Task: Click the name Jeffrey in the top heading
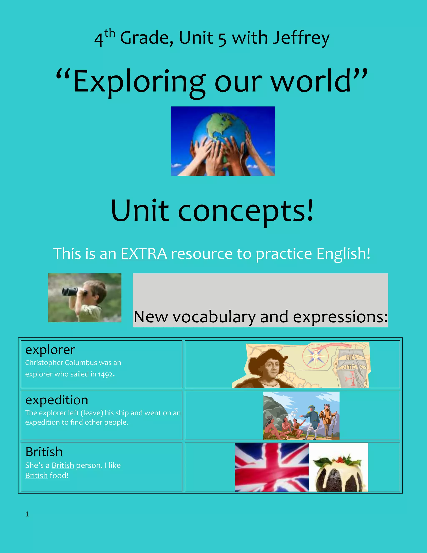click(x=301, y=38)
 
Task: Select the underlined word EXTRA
click(x=144, y=254)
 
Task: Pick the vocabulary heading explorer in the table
click(x=50, y=350)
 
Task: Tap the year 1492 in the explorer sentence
click(x=105, y=374)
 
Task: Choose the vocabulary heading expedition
click(x=57, y=400)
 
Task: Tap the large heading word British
click(x=44, y=452)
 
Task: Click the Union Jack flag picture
click(x=271, y=467)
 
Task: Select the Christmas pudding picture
click(x=338, y=471)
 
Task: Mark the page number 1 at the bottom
click(x=27, y=514)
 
